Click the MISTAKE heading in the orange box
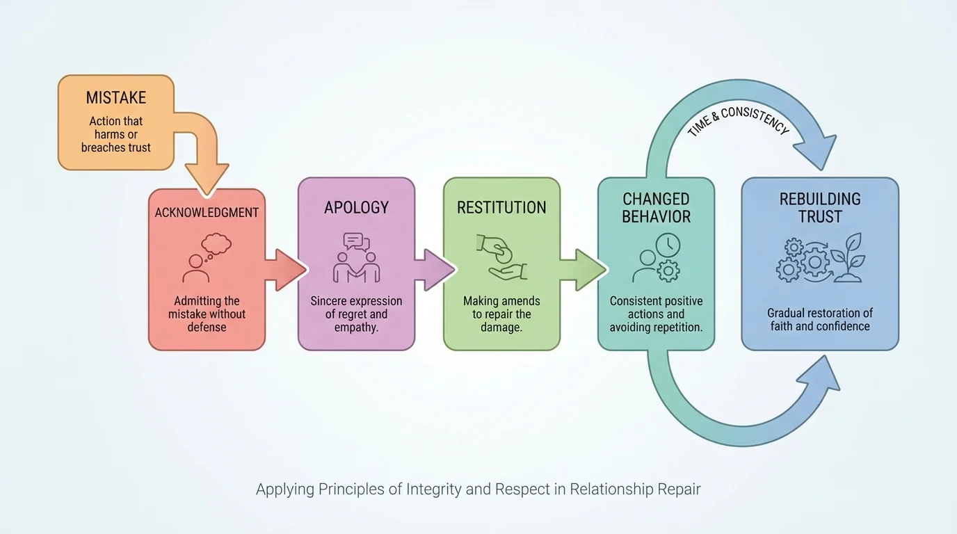click(115, 98)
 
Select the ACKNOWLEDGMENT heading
click(207, 213)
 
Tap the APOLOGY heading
click(356, 207)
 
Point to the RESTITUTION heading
click(501, 207)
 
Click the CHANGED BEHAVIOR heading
click(656, 208)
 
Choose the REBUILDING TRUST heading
click(820, 208)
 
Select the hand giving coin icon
click(501, 257)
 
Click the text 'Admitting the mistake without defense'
click(207, 314)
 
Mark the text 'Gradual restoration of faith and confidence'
click(820, 320)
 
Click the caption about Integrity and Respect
click(478, 489)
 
